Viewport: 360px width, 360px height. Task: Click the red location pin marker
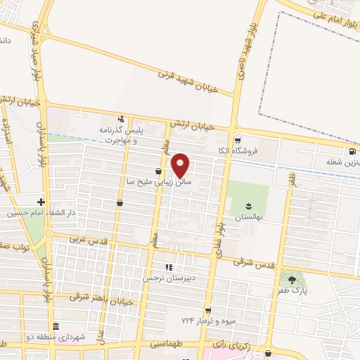(x=181, y=165)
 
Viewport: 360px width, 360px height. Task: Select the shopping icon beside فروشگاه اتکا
(x=238, y=139)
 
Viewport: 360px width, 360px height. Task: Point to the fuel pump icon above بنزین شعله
(x=351, y=151)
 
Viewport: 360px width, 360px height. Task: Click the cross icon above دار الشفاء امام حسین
(x=41, y=201)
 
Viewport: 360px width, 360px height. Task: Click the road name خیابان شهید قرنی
(x=191, y=82)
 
